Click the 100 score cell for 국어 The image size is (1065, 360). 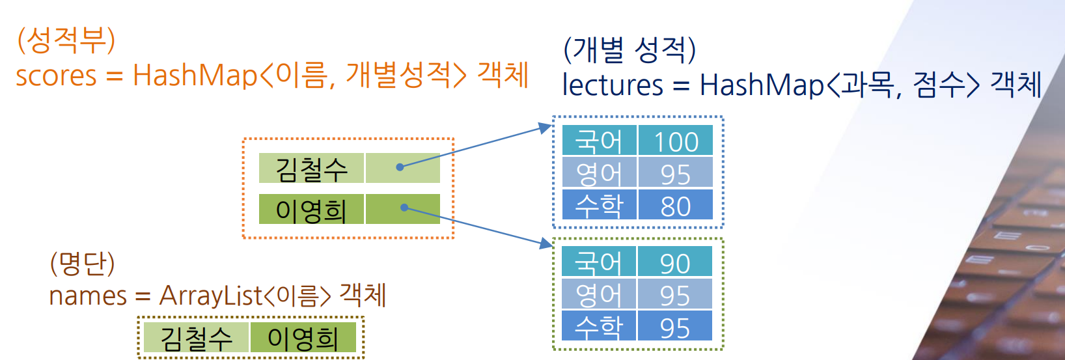pyautogui.click(x=675, y=141)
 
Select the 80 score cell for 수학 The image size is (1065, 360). pyautogui.click(x=675, y=206)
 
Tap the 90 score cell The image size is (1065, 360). pyautogui.click(x=674, y=262)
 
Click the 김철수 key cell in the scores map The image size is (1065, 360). pyautogui.click(x=311, y=169)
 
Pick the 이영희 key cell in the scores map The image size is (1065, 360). pyautogui.click(x=311, y=210)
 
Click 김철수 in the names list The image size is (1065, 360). pyautogui.click(x=196, y=338)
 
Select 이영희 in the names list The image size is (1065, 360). pyautogui.click(x=303, y=338)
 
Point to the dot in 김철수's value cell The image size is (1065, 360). pyautogui.click(x=400, y=167)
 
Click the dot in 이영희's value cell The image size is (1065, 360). pyautogui.click(x=404, y=208)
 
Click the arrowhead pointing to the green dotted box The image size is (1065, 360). pyautogui.click(x=546, y=243)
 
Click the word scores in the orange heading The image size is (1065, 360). pyautogui.click(x=56, y=76)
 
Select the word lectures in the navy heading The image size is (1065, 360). pyautogui.click(x=612, y=85)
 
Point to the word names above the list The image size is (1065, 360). pyautogui.click(x=88, y=296)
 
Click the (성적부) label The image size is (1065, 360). pyautogui.click(x=66, y=40)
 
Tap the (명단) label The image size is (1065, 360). pyautogui.click(x=82, y=263)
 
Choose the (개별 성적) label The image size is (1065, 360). pyautogui.click(x=629, y=49)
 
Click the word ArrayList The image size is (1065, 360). pyautogui.click(x=211, y=296)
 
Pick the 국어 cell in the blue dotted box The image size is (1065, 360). pyautogui.click(x=599, y=141)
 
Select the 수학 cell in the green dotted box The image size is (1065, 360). pyautogui.click(x=599, y=326)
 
